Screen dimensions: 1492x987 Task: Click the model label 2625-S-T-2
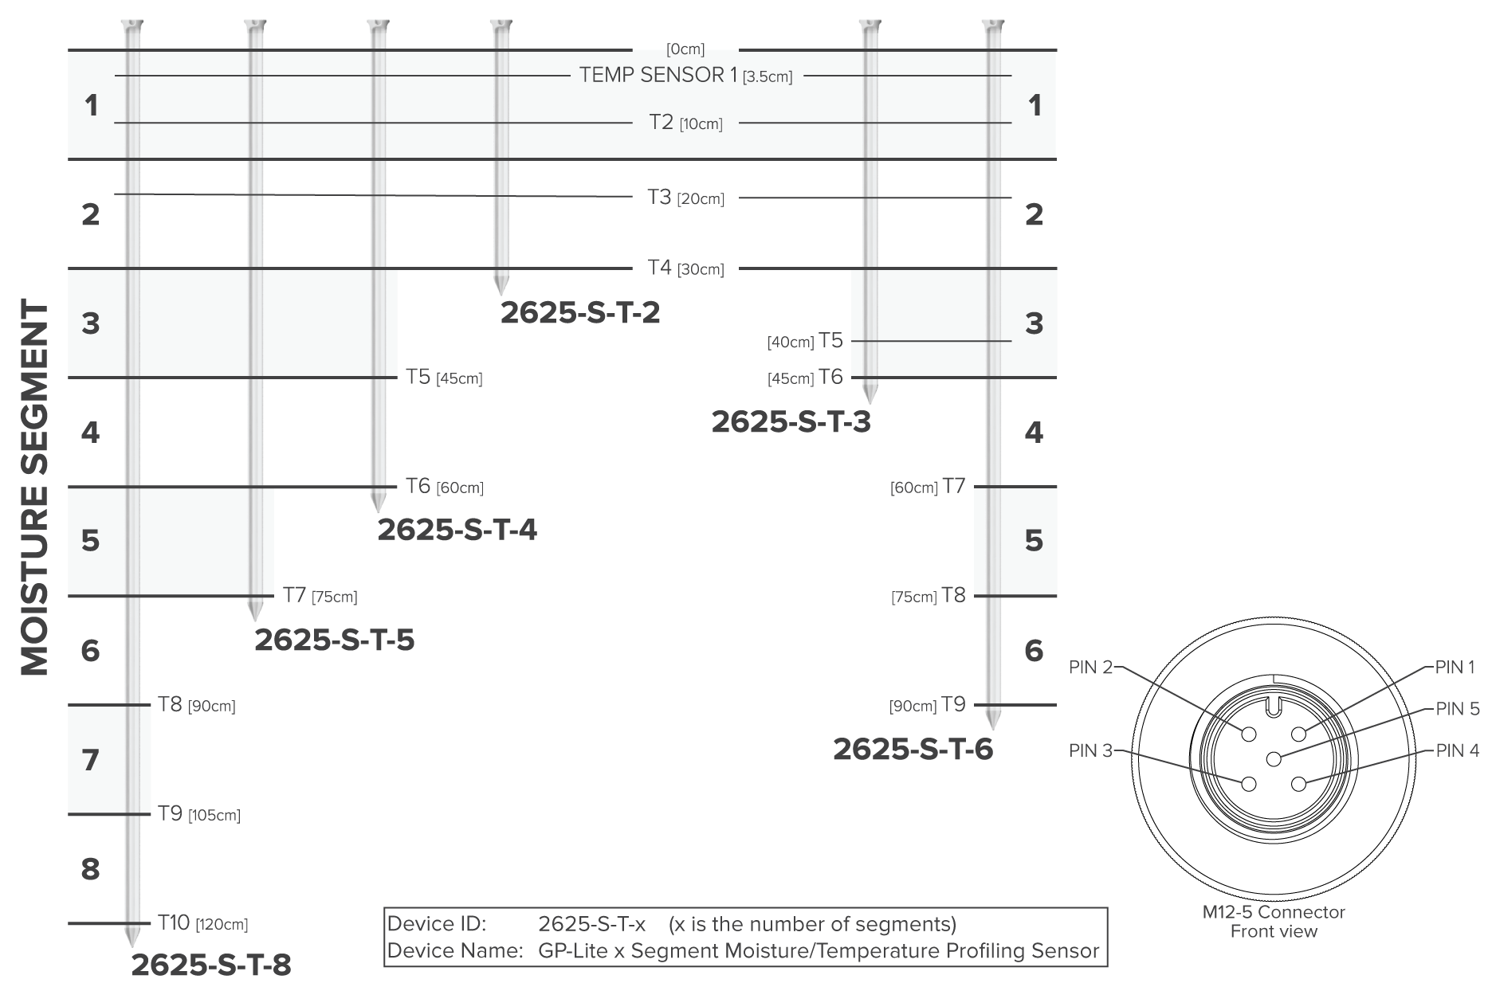[580, 313]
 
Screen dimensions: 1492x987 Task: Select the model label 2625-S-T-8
[211, 965]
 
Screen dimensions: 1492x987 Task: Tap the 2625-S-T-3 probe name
[791, 421]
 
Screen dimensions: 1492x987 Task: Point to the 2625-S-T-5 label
[335, 640]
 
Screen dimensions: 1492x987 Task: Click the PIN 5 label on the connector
[1457, 708]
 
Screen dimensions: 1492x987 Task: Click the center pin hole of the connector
[1274, 758]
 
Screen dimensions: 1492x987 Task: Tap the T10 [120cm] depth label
[202, 923]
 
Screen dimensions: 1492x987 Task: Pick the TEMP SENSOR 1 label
[658, 75]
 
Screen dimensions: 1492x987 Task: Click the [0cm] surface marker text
[685, 49]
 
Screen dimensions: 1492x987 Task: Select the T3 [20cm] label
[685, 198]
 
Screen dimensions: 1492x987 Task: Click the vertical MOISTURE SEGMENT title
[34, 488]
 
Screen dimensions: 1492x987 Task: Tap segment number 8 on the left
[91, 869]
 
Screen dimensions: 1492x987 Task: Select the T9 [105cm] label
[198, 814]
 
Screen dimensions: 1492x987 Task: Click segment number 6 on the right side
[1034, 651]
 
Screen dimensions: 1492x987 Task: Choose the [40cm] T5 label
[805, 341]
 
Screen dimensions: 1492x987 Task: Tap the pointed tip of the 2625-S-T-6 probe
[992, 729]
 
